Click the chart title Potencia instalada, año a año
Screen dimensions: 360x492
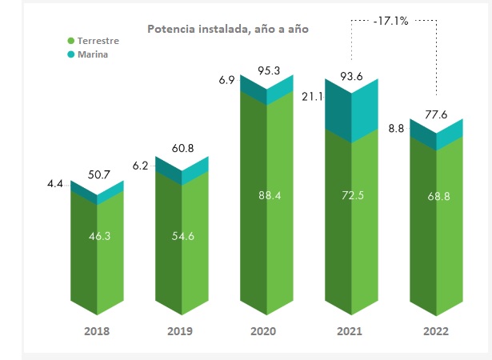tap(227, 29)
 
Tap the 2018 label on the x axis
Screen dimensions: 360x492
tap(97, 331)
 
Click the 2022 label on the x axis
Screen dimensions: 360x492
tap(436, 331)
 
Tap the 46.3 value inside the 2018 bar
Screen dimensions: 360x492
tap(99, 237)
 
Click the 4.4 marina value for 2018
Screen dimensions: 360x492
tap(55, 185)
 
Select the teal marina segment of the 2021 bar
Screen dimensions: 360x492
tap(351, 112)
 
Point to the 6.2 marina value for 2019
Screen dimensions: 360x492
tap(140, 166)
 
